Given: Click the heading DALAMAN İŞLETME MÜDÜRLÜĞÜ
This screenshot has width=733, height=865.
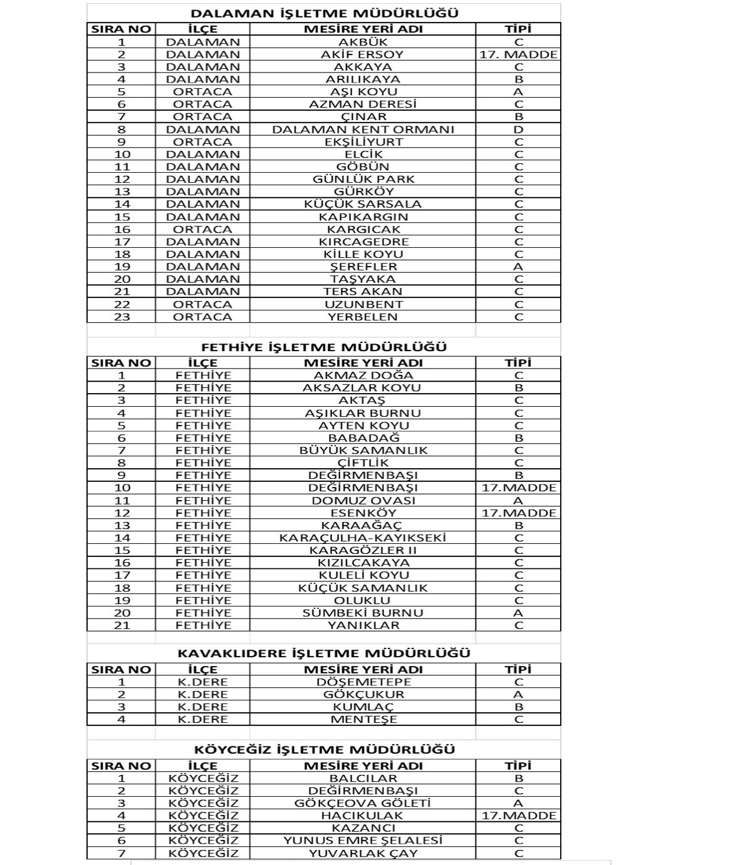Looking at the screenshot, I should click(324, 13).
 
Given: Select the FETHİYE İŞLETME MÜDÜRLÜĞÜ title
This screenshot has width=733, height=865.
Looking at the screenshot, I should click(324, 347).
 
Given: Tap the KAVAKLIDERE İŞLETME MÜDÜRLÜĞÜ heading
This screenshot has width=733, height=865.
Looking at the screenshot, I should click(324, 653).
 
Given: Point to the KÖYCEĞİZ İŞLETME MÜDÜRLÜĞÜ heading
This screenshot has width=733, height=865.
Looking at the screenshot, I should click(324, 750).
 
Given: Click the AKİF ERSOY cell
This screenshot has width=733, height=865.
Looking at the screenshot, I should click(362, 54).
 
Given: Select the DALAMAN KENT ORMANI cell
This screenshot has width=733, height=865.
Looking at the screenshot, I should click(363, 130).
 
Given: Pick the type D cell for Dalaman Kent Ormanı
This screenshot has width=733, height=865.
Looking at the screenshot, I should click(518, 130).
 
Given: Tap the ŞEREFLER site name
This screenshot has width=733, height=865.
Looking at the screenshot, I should click(363, 267).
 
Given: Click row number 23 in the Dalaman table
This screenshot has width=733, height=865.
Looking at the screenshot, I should click(122, 317).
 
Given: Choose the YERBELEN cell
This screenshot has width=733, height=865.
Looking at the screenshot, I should click(362, 317).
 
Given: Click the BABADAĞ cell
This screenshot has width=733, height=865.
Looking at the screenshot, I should click(363, 438).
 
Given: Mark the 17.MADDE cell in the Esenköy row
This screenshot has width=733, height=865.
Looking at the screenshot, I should click(518, 513).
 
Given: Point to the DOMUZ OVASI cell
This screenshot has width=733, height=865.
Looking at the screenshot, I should click(363, 501).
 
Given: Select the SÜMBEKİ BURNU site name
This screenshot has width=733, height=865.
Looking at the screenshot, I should click(363, 613).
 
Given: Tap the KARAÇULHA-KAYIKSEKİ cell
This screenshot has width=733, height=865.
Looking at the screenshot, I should click(363, 538).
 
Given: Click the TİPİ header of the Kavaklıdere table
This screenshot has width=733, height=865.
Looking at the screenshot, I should click(518, 669).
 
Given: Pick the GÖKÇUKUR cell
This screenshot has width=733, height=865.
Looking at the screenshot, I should click(363, 695).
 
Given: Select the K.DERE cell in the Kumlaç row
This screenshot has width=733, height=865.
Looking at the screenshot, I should click(202, 707).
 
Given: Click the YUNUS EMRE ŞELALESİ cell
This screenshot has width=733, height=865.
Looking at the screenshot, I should click(363, 841).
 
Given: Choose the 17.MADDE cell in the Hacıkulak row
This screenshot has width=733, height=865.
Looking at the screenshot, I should click(518, 816).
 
